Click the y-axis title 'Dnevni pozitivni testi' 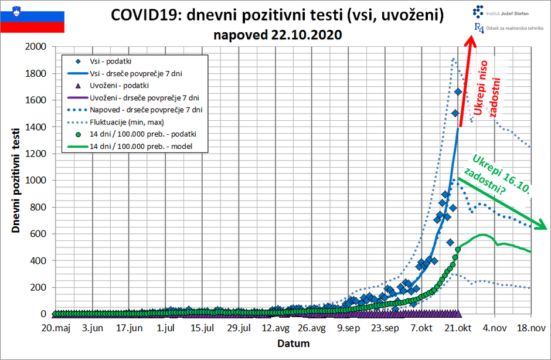coord(16,180)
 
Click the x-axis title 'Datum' coord(293,344)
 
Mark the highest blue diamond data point coord(458,92)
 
